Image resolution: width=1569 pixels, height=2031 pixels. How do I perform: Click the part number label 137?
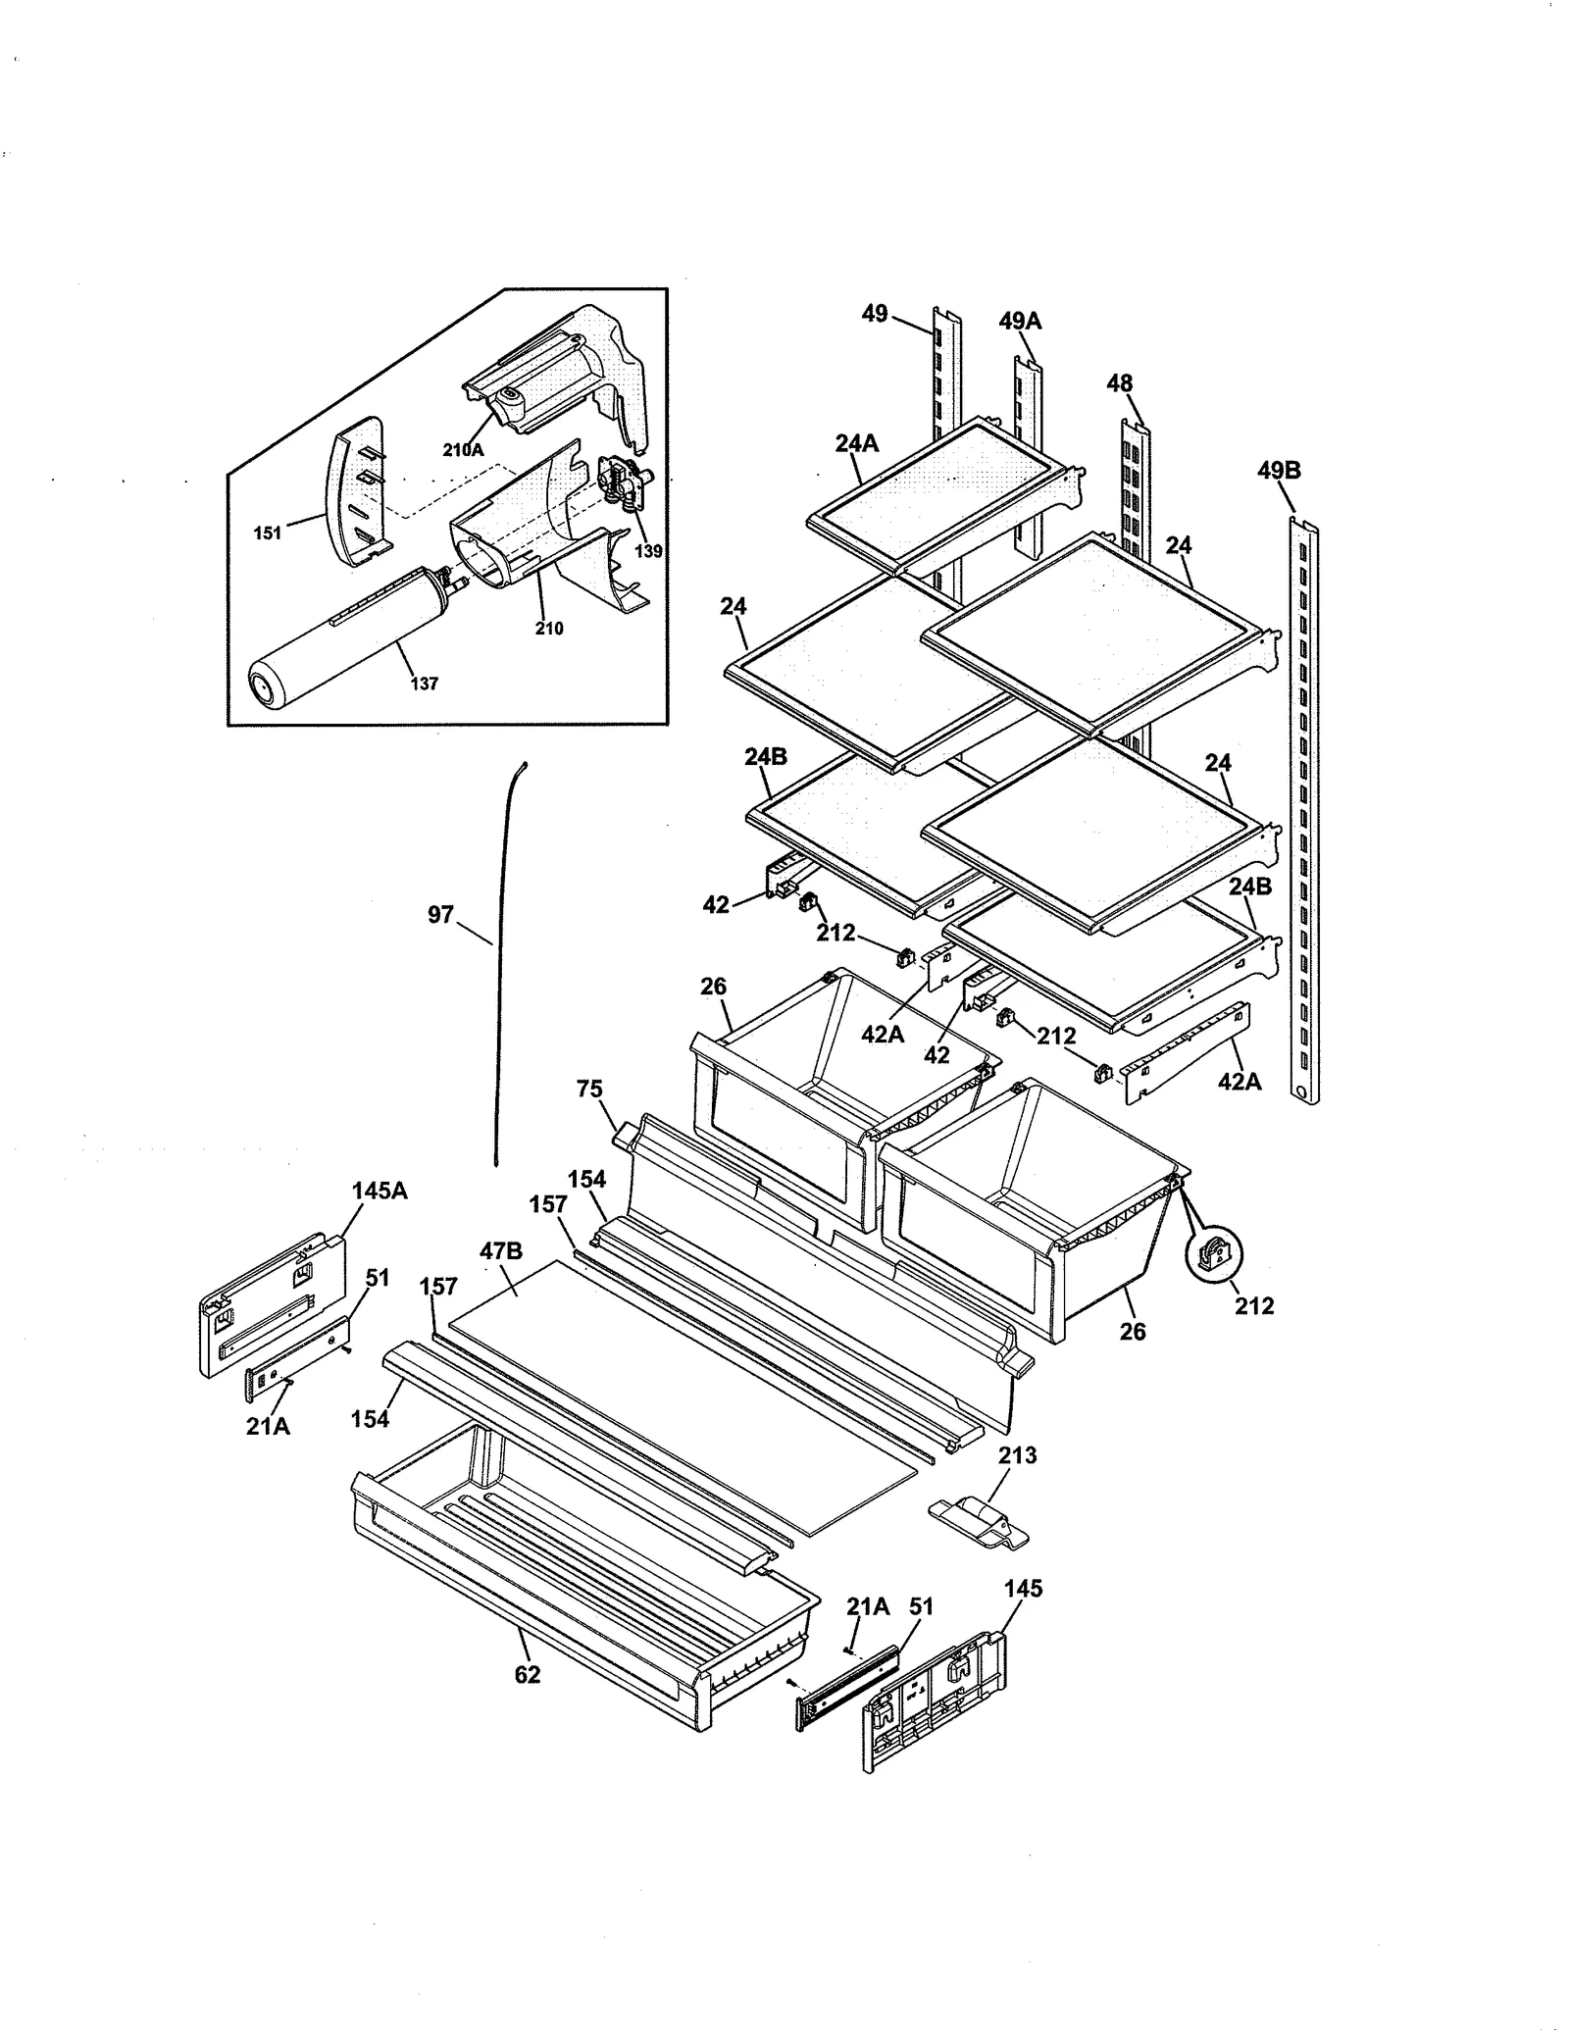click(424, 684)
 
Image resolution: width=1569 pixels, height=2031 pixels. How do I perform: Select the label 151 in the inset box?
click(267, 533)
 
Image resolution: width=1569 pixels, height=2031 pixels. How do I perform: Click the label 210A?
click(463, 450)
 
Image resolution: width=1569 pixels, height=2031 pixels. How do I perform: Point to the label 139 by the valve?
click(648, 551)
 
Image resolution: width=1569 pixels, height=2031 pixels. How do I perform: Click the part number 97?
click(441, 915)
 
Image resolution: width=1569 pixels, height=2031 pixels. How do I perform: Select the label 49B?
click(1279, 471)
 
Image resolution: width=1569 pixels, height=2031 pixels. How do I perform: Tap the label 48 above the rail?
click(1120, 383)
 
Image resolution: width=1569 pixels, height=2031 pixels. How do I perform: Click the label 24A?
click(856, 443)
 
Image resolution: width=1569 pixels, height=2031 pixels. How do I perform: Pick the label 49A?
click(1020, 321)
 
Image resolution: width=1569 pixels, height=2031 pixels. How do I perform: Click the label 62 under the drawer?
click(528, 1675)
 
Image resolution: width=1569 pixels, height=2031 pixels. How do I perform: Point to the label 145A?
click(380, 1191)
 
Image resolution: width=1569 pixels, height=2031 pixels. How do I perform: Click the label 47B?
click(500, 1250)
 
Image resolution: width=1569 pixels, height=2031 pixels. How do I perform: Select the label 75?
click(589, 1090)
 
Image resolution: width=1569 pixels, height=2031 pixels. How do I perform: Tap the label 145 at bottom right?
click(1023, 1589)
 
